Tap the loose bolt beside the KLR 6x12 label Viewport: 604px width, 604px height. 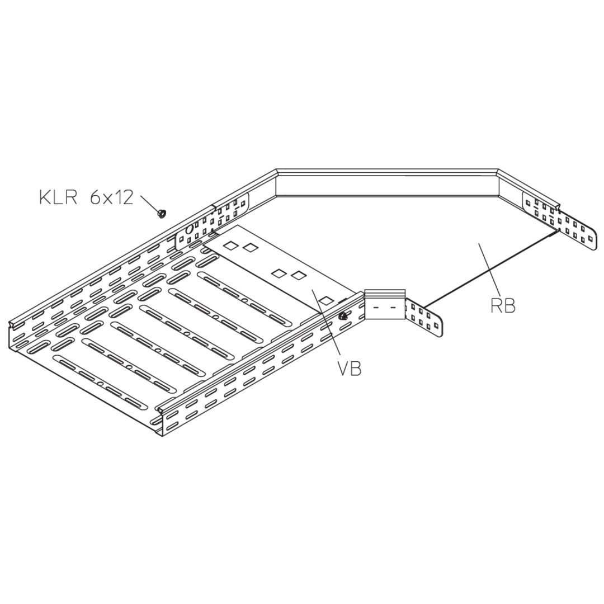[162, 213]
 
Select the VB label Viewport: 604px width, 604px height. [350, 368]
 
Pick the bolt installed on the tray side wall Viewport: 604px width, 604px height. [342, 317]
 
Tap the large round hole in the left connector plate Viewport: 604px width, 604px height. [189, 230]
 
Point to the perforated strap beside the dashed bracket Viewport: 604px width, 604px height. [424, 318]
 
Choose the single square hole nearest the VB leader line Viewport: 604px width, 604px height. [327, 300]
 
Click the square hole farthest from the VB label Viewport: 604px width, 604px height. [230, 245]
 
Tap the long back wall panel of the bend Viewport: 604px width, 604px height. [387, 186]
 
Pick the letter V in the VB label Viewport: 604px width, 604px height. [343, 368]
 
